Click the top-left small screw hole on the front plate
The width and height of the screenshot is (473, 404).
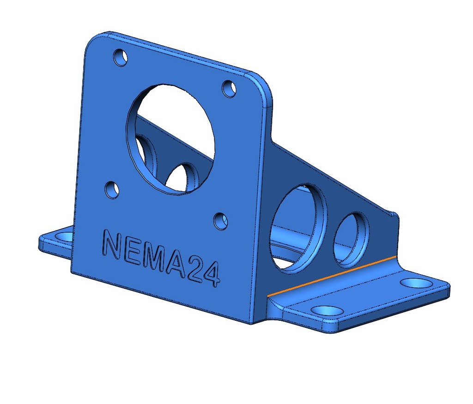pyautogui.click(x=121, y=57)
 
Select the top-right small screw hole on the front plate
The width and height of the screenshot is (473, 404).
pyautogui.click(x=229, y=88)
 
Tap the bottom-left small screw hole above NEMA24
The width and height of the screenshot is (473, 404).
pyautogui.click(x=112, y=190)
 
